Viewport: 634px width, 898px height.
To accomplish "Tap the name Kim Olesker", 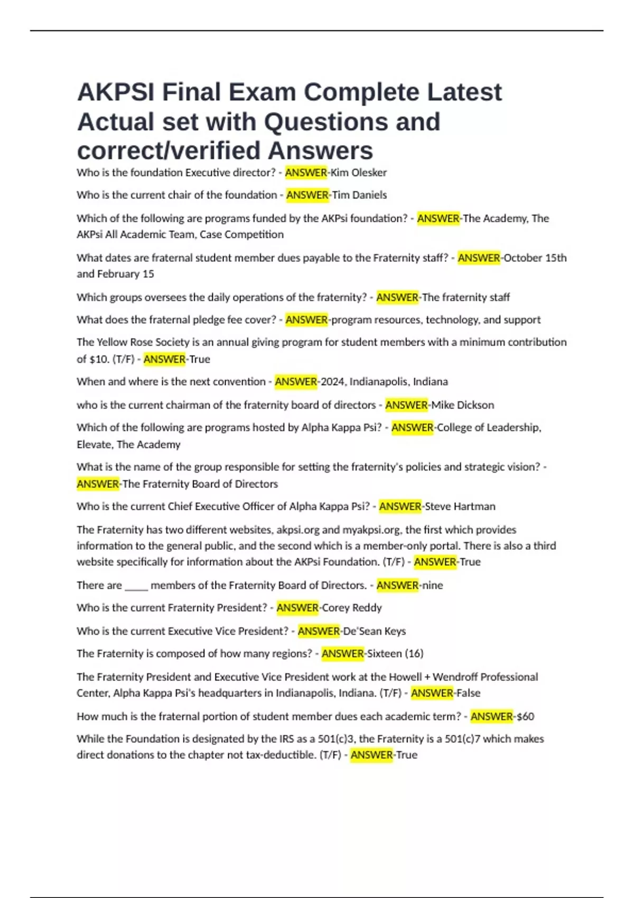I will [x=359, y=173].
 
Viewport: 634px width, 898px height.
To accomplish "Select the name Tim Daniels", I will [x=359, y=195].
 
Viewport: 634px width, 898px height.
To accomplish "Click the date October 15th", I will [x=535, y=258].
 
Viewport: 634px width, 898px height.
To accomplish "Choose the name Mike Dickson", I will [x=463, y=405].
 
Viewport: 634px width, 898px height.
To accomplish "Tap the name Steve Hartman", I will [x=460, y=507].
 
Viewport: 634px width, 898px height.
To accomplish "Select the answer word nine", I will [x=432, y=585].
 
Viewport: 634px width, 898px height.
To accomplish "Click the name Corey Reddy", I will [x=352, y=608].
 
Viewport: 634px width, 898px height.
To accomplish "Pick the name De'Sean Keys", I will [x=375, y=631].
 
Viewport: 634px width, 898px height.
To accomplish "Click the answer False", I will [x=468, y=693].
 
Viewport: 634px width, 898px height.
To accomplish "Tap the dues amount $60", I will [x=525, y=717].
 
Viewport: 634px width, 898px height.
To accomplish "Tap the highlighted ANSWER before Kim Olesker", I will [x=306, y=173].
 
